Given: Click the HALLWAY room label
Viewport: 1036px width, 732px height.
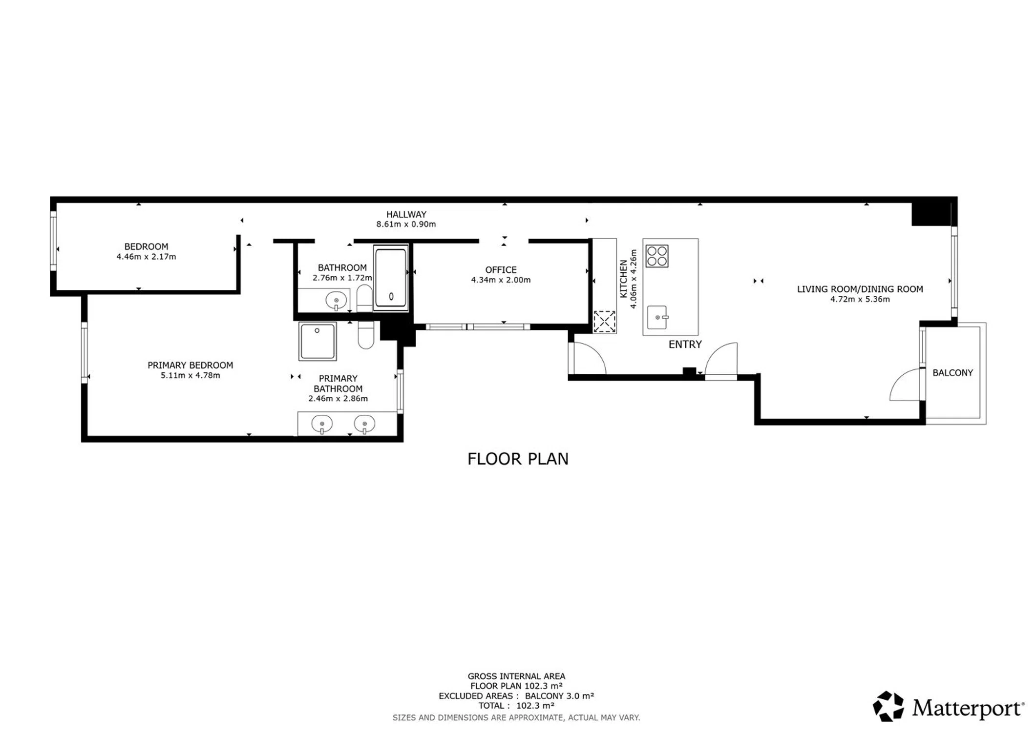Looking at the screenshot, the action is coord(406,214).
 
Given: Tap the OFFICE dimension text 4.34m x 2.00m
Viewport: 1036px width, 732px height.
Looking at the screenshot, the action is coord(501,280).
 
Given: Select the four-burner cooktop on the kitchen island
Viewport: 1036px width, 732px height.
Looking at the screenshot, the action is coord(657,256).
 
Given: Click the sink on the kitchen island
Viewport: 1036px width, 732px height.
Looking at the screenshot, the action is coord(657,317).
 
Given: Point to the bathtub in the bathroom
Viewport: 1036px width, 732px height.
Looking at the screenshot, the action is coord(391,278).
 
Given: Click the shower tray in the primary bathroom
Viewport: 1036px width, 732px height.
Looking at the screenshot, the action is coord(317,342).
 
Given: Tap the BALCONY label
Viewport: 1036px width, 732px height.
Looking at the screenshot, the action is coord(952,373).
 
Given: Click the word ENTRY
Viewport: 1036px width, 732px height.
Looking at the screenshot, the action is coord(685,345).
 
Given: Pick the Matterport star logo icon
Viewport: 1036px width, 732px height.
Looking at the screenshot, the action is coord(888,706).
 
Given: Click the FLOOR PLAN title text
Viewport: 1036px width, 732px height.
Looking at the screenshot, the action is coord(518,459).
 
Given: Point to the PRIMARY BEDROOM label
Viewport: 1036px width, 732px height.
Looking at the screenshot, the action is coord(190,365).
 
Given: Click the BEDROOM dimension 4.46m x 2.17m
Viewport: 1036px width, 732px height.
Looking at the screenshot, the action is coord(146,257).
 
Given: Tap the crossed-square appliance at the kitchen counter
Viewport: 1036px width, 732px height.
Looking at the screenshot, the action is coord(604,322).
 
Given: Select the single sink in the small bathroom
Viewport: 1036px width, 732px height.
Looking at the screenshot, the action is coord(336,301).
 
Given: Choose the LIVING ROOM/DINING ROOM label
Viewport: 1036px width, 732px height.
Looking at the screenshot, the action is coord(860,289).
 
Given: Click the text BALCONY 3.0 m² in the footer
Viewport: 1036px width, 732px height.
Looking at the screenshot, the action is coord(559,696).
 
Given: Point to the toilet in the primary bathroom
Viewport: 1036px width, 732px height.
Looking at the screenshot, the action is coord(366,335).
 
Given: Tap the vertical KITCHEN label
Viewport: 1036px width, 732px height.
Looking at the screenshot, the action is coord(623,279).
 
